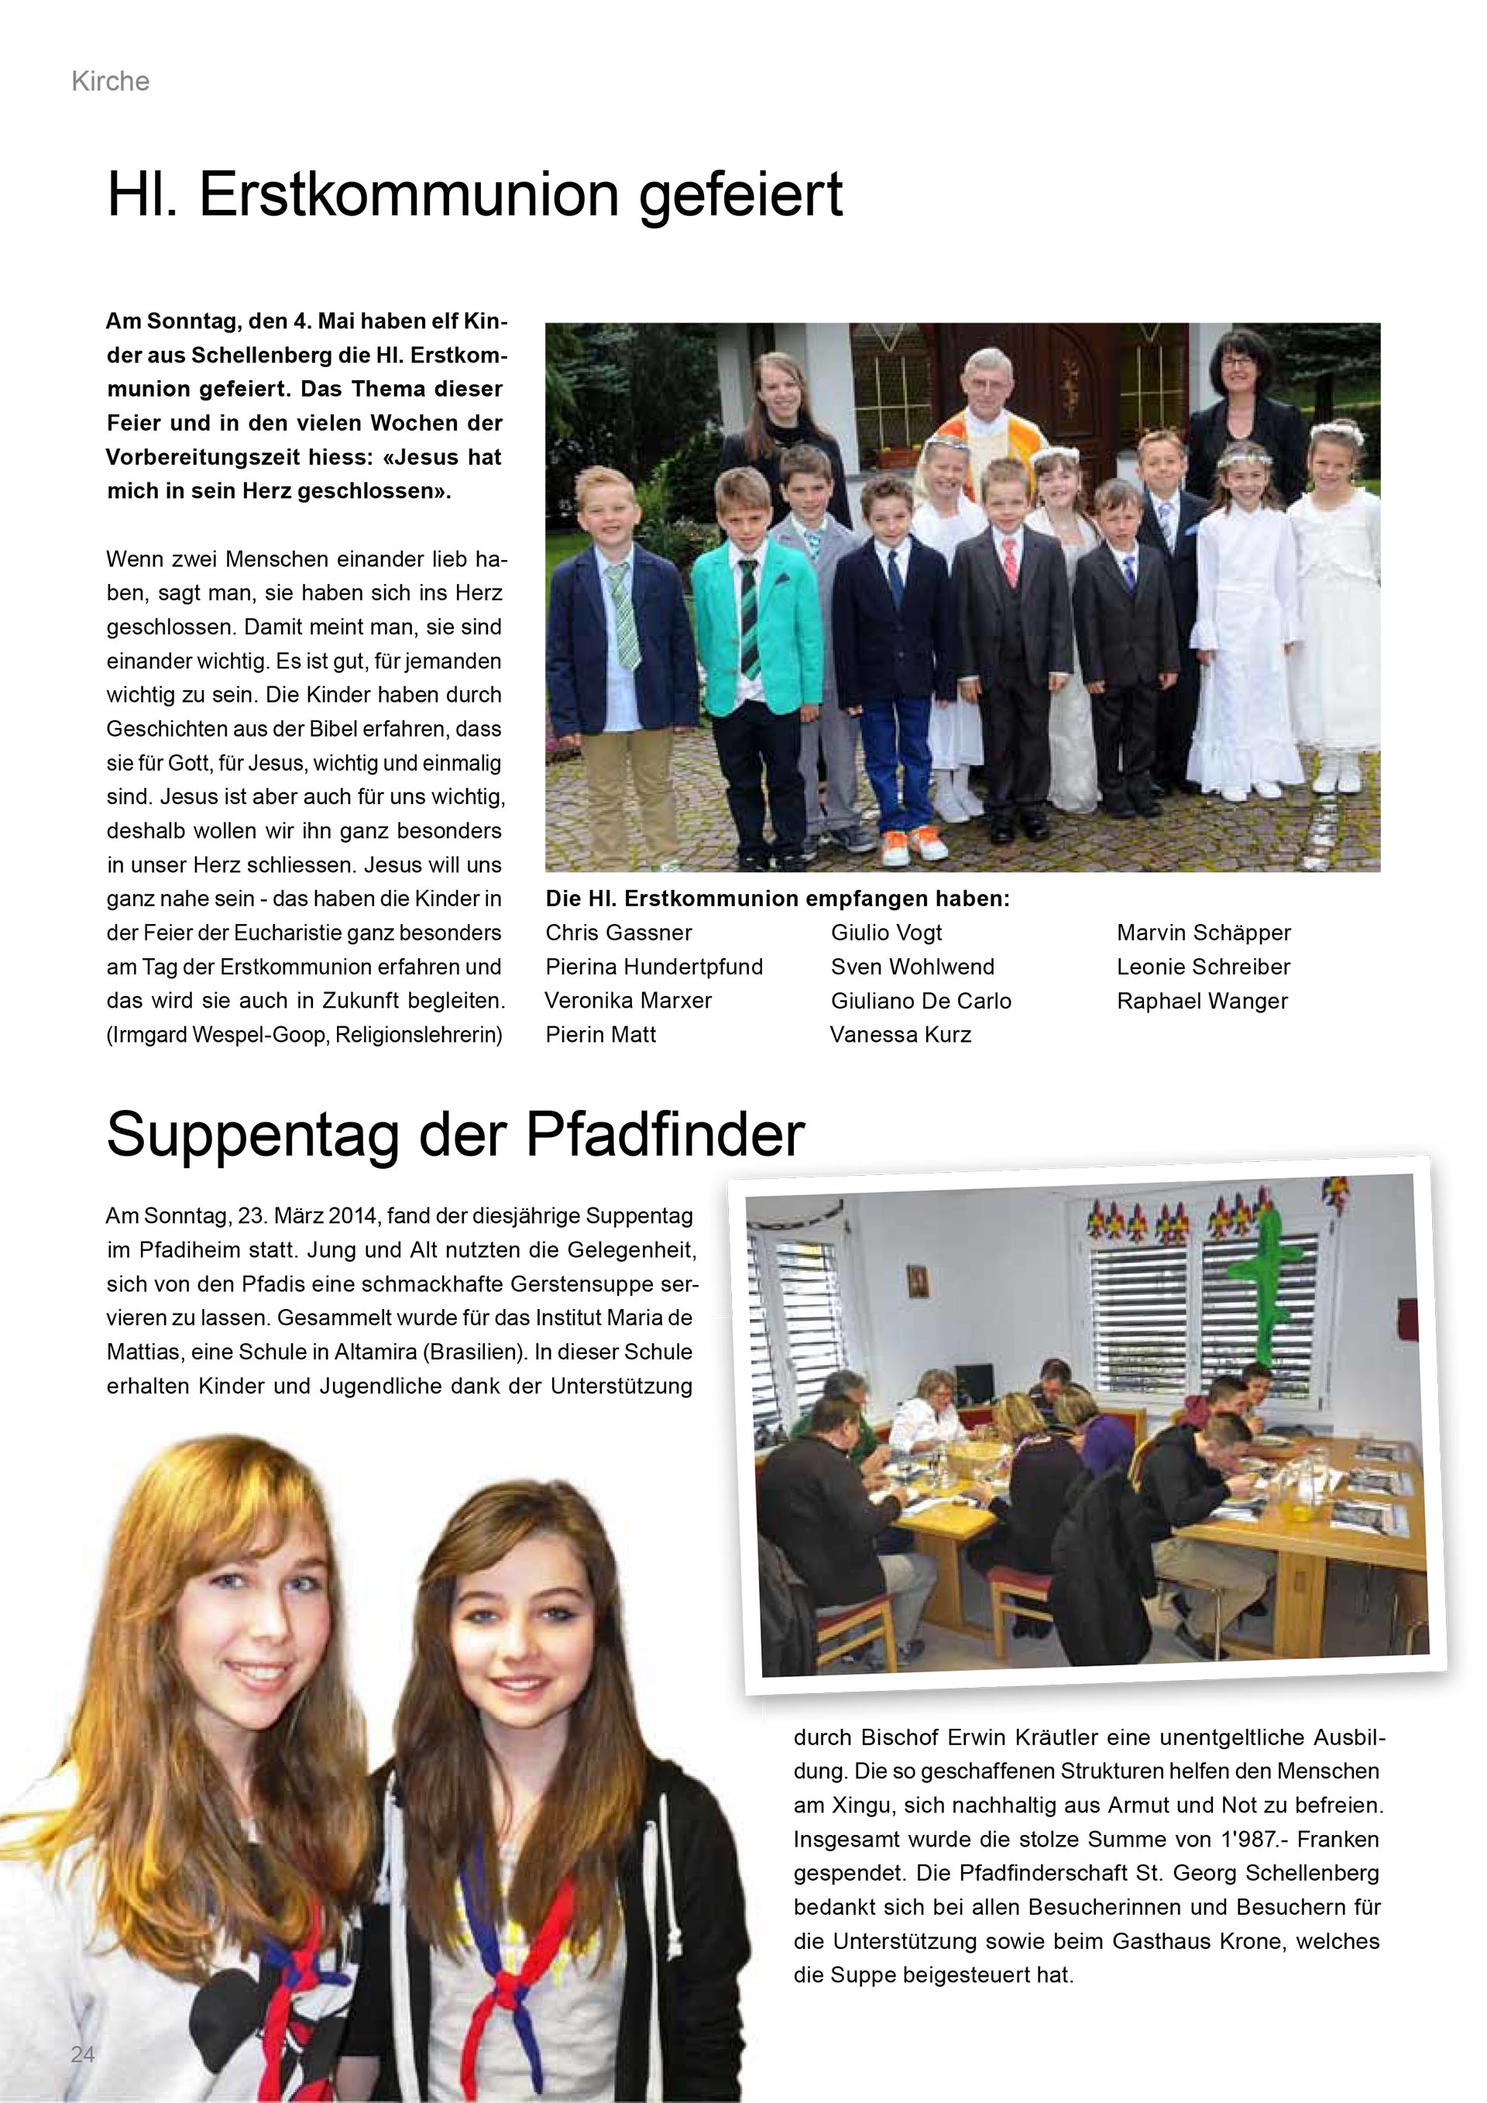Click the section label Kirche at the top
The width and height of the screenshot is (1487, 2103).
(x=110, y=81)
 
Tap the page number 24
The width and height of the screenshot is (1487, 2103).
(x=82, y=2054)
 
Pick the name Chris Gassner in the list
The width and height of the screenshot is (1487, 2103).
(x=618, y=933)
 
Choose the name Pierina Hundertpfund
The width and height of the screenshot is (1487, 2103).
(x=654, y=967)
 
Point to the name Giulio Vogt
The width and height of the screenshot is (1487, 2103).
(x=885, y=933)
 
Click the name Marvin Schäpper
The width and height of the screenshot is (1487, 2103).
(x=1203, y=933)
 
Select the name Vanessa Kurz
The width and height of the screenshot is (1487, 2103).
(x=900, y=1034)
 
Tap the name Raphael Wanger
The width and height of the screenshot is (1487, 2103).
(x=1201, y=1001)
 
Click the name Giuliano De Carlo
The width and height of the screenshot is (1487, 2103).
(x=920, y=1001)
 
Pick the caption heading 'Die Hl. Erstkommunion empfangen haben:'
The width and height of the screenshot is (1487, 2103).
(x=778, y=899)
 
